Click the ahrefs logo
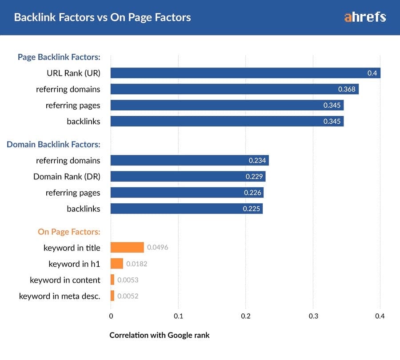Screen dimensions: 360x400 365,17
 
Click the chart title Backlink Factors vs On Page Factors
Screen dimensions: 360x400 102,18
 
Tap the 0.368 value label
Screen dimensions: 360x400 347,89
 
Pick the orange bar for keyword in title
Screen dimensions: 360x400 127,247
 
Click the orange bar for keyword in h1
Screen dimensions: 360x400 117,264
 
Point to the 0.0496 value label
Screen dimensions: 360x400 157,248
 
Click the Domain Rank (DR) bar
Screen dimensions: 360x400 188,176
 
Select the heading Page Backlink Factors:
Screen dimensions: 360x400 59,57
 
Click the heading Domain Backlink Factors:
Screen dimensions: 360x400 53,144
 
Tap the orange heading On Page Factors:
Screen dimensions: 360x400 69,232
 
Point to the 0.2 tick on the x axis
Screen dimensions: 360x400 245,316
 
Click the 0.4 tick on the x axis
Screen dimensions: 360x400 380,316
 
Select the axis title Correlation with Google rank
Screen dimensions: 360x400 159,335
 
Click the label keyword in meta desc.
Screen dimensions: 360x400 60,296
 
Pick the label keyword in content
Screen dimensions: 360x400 65,280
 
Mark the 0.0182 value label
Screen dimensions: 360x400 136,264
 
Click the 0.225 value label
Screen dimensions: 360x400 252,209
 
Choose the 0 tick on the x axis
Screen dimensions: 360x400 111,316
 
